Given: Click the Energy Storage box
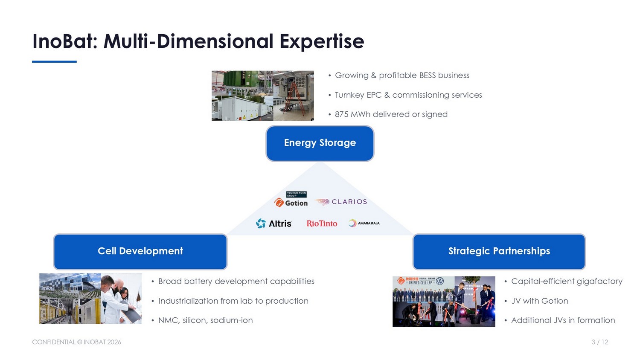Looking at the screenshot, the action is (320, 143).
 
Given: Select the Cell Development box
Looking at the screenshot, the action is (140, 251).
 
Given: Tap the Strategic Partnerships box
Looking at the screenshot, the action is (499, 251).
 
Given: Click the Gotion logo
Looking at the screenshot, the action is (291, 203).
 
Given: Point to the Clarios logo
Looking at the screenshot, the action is (340, 202).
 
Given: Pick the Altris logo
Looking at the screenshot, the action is (273, 224).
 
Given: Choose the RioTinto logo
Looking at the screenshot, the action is (322, 224).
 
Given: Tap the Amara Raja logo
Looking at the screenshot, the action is (364, 223).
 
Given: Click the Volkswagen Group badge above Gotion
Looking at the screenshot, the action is (296, 194).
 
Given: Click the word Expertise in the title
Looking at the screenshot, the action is (322, 42).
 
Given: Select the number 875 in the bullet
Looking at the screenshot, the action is (341, 114).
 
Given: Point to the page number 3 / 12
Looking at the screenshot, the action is (600, 342).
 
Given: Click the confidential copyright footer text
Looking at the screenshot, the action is (76, 342).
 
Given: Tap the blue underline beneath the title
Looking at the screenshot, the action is (54, 61).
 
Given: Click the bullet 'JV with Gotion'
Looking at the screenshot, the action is (539, 301).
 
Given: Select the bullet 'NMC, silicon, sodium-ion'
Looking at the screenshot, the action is (205, 320).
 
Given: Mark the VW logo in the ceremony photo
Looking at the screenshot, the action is (440, 281).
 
